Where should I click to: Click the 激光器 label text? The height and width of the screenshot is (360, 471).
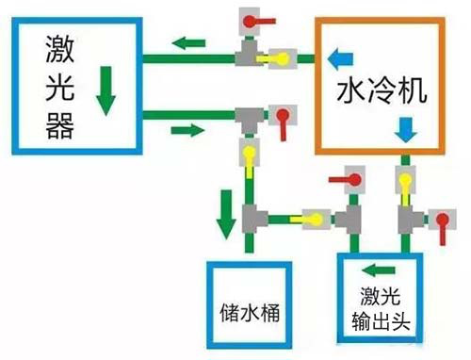coord(59,85)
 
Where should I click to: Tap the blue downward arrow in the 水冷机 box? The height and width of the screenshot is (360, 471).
coord(406,128)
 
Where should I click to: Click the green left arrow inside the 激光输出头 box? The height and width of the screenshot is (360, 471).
coord(382,269)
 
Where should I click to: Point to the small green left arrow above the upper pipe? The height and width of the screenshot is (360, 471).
coord(194,41)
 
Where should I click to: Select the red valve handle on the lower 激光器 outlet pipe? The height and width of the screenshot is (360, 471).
coord(281,118)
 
